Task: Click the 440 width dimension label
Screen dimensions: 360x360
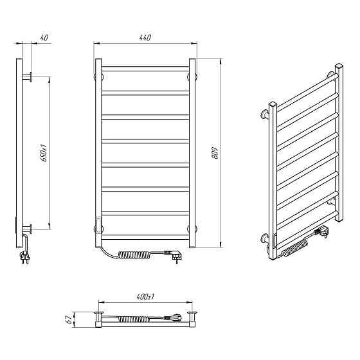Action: click(x=145, y=37)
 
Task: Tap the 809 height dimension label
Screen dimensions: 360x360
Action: click(x=215, y=152)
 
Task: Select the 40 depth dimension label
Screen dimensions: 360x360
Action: click(x=44, y=37)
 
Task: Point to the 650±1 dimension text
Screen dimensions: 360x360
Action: click(x=44, y=153)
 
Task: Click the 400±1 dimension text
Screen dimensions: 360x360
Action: click(x=145, y=297)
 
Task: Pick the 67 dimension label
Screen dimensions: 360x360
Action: click(x=68, y=319)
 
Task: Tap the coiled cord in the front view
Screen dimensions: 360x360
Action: click(x=134, y=255)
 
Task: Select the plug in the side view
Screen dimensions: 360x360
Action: click(x=25, y=258)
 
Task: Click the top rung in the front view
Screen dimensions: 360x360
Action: click(x=145, y=69)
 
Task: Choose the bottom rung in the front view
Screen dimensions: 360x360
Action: click(x=145, y=237)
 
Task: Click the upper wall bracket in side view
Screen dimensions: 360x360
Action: click(x=27, y=76)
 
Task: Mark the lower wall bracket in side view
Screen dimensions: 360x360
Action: click(x=27, y=229)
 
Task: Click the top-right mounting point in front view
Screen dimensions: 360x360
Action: click(x=192, y=76)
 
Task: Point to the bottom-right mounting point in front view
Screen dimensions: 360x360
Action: click(x=192, y=229)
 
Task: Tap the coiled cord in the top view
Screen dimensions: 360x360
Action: click(x=134, y=319)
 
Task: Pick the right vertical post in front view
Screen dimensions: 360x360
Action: click(x=192, y=153)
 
